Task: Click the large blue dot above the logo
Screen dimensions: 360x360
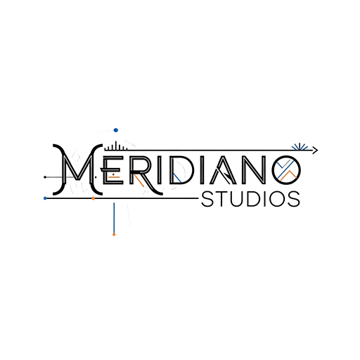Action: click(116, 130)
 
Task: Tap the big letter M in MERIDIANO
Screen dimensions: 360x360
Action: click(77, 169)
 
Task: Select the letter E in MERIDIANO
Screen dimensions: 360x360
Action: click(112, 169)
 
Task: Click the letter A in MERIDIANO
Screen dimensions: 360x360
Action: click(223, 170)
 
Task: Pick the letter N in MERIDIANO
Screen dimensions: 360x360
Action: click(254, 170)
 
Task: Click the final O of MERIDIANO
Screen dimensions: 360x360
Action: click(286, 170)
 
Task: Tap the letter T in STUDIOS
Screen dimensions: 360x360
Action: click(221, 199)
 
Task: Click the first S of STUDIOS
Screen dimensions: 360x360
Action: click(207, 199)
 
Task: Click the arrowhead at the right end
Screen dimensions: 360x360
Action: click(315, 150)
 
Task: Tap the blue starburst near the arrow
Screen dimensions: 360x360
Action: click(300, 147)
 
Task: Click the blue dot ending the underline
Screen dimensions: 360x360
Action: click(45, 198)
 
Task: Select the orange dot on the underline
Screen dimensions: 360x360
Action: click(94, 198)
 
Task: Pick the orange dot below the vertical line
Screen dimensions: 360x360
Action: click(114, 234)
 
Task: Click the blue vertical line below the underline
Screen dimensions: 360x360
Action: click(114, 217)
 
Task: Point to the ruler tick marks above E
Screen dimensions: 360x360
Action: click(116, 146)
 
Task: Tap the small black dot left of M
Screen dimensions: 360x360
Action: click(45, 177)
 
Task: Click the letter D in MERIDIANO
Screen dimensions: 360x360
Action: click(179, 170)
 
